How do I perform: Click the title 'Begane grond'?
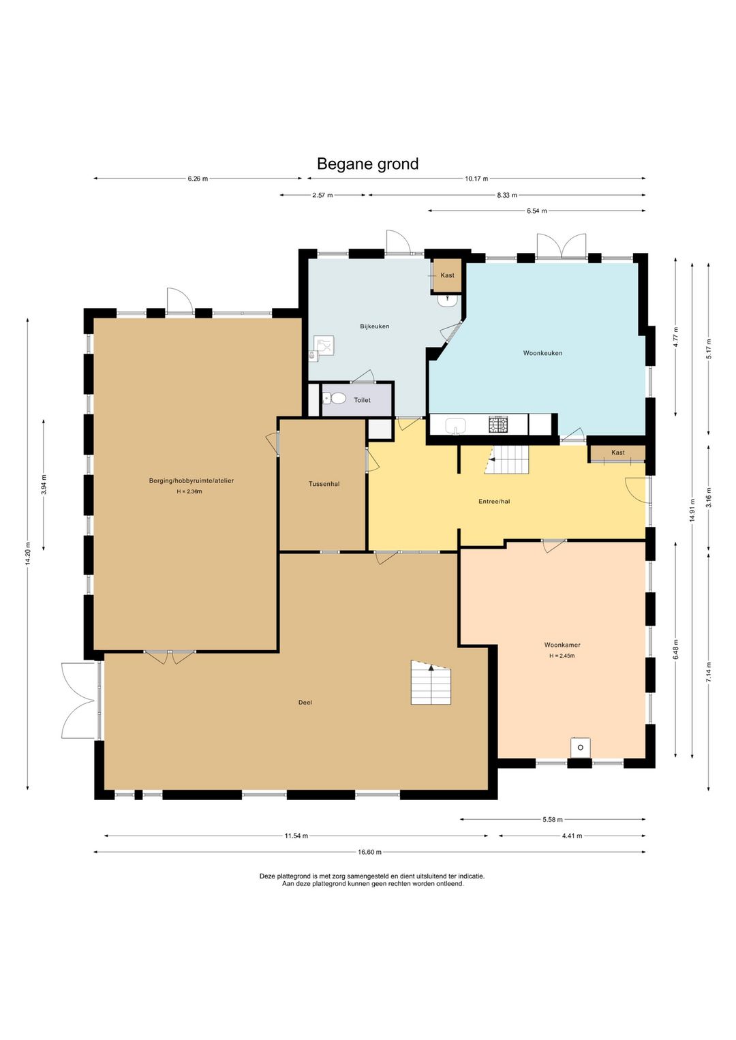(x=367, y=164)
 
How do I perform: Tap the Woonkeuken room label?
(x=542, y=353)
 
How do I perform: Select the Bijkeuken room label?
(x=374, y=326)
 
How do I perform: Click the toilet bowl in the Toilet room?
(x=336, y=399)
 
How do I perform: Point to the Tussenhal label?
(x=324, y=484)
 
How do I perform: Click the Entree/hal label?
(x=494, y=502)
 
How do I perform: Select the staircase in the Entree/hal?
(x=507, y=459)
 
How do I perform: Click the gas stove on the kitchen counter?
(x=497, y=425)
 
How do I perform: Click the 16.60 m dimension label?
(x=369, y=852)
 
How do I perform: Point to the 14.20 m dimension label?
(x=28, y=553)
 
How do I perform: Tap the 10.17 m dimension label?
(x=476, y=179)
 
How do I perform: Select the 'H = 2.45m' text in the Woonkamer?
(x=562, y=656)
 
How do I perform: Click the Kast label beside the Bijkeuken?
(x=447, y=275)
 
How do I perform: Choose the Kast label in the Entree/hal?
(x=617, y=453)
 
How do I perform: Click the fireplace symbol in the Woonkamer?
(x=580, y=747)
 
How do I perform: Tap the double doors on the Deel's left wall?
(x=80, y=700)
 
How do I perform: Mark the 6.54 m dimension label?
(x=536, y=211)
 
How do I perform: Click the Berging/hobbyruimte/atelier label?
(x=191, y=481)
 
